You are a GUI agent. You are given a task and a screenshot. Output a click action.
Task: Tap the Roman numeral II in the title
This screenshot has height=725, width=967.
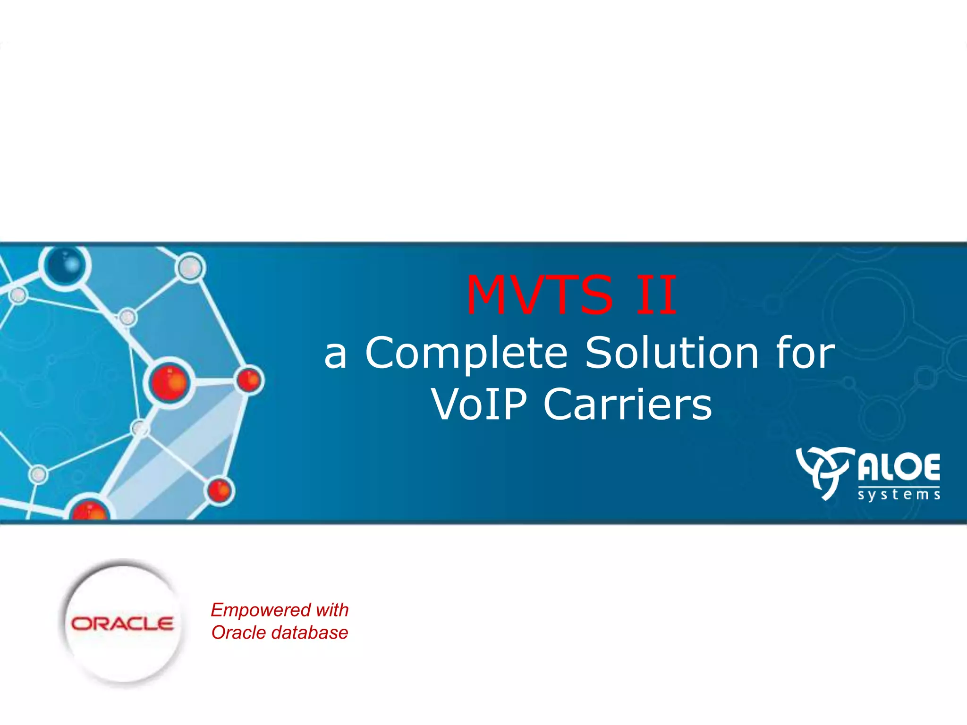click(656, 295)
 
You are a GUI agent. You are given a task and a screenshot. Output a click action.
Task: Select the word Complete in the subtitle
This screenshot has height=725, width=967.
click(467, 354)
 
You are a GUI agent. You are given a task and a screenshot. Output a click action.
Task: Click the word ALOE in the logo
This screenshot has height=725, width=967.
click(899, 467)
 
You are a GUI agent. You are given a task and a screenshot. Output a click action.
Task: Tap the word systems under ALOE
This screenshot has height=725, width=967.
click(899, 495)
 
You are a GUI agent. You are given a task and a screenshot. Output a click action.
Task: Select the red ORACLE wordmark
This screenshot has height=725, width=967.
click(122, 624)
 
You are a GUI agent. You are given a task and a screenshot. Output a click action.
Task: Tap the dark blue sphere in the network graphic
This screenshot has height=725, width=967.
click(65, 265)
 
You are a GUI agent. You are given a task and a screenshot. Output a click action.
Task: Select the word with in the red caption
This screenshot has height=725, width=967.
click(332, 610)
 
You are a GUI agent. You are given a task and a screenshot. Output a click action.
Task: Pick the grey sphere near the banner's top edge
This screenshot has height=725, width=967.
click(190, 267)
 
